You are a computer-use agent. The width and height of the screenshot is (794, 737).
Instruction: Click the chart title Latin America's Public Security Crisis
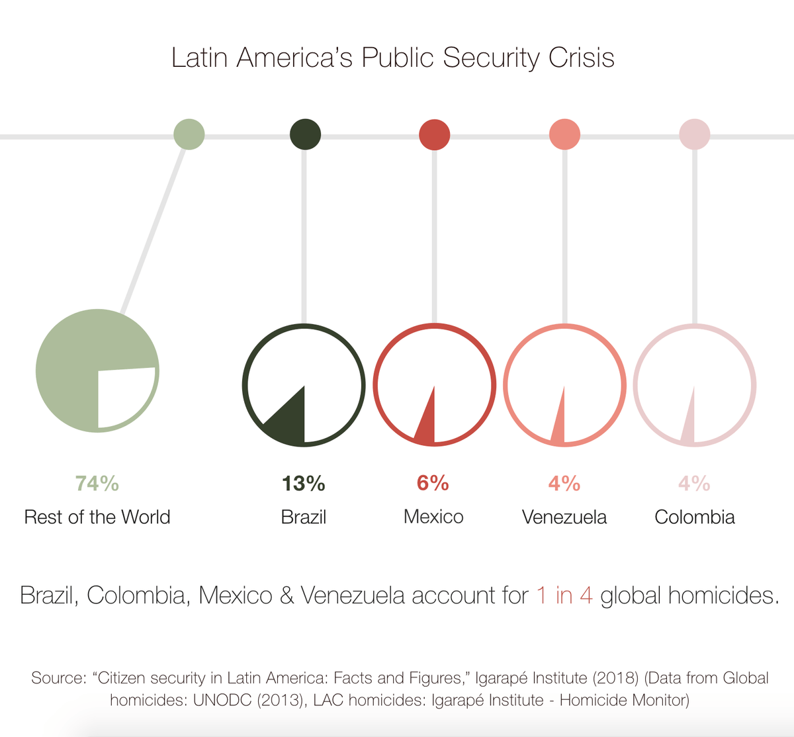393,58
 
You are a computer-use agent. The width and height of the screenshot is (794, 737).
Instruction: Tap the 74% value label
97,484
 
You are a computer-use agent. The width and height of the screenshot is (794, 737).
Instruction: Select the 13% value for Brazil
304,484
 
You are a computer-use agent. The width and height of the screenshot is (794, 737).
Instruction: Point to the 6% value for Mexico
433,484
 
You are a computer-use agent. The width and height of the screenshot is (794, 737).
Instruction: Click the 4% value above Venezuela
564,484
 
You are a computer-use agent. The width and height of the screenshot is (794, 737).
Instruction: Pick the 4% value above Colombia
694,484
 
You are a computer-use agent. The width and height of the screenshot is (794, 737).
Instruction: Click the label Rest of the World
97,517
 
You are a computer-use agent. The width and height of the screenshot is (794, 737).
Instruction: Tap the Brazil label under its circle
304,517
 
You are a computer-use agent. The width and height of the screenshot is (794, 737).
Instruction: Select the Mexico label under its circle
433,517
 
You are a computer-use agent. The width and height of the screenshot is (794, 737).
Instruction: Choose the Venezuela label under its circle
564,517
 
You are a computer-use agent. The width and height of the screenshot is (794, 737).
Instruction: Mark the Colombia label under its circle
694,517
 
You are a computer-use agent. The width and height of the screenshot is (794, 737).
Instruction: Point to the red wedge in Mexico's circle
427,427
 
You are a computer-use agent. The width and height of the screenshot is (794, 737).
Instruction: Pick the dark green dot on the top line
305,135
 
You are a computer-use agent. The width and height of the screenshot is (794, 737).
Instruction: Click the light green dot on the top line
189,135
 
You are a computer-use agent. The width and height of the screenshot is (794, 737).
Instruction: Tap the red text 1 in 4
564,595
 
